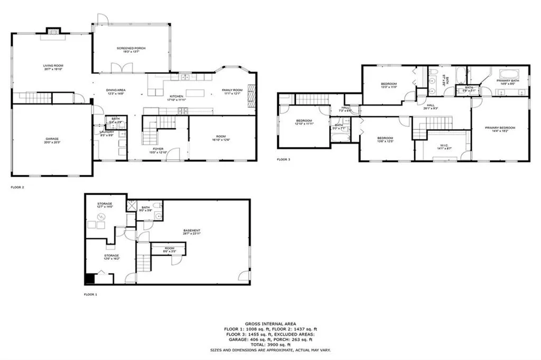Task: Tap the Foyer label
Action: tap(158, 150)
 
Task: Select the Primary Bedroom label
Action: tap(500, 129)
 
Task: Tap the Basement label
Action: tap(192, 231)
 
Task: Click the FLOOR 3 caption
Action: tap(284, 159)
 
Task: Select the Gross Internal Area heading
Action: tap(270, 324)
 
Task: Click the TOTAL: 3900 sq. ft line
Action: tap(270, 344)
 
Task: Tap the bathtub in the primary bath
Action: tap(510, 73)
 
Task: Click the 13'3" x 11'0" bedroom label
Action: tap(389, 86)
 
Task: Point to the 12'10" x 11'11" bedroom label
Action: tap(304, 123)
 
